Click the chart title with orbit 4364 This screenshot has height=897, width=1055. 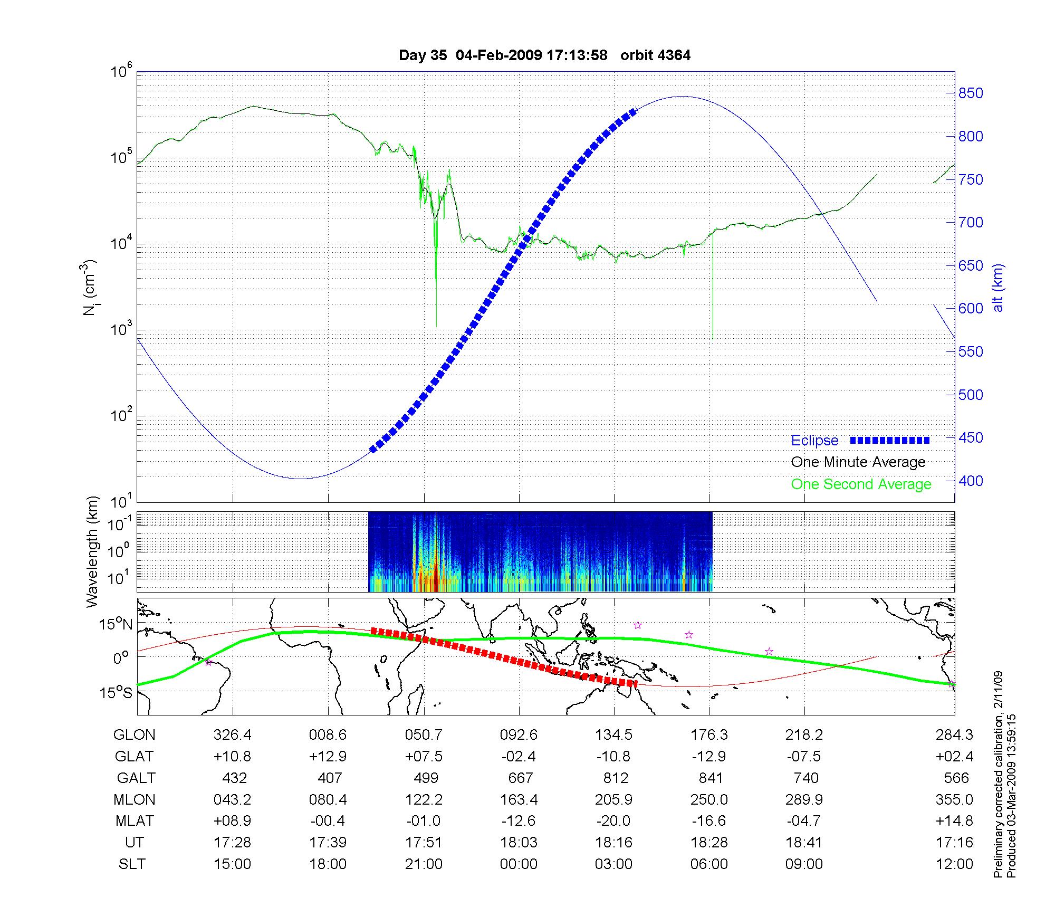point(544,55)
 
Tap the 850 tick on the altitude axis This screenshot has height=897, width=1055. point(971,93)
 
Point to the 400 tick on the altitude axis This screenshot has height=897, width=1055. point(971,481)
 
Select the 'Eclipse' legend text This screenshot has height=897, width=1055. point(814,441)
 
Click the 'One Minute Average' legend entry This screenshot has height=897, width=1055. point(858,462)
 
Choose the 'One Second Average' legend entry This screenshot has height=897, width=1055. point(861,484)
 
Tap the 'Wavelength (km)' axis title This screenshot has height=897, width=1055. point(92,551)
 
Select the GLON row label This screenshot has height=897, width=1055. point(135,735)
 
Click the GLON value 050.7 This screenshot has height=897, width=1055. point(424,735)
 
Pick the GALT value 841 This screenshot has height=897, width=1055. point(711,778)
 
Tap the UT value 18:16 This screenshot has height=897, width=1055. point(614,843)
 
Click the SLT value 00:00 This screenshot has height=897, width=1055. point(519,864)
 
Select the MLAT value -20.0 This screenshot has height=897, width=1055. point(613,821)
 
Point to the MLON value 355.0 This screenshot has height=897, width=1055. point(954,799)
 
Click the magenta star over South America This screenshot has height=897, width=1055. point(208,663)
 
